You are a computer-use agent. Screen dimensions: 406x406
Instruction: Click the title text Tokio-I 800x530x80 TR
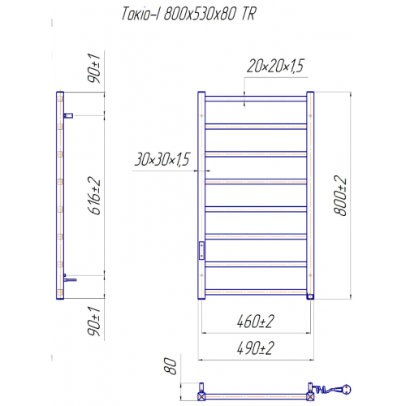pos(188,14)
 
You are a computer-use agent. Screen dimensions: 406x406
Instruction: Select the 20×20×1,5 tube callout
pos(275,66)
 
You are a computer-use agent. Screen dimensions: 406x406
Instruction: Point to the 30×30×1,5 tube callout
pos(162,159)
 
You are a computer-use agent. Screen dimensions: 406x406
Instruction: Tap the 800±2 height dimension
pos(340,196)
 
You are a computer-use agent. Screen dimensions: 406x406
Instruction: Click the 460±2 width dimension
pos(256,322)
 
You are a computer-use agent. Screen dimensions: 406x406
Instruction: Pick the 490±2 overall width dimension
pos(256,348)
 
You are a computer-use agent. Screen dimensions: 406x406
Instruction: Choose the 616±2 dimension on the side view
pos(94,196)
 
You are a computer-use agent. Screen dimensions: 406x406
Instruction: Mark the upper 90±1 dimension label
pos(94,68)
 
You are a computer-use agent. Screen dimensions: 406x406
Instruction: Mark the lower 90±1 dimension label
pos(94,322)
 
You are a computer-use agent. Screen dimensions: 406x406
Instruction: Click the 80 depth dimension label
pos(171,365)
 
